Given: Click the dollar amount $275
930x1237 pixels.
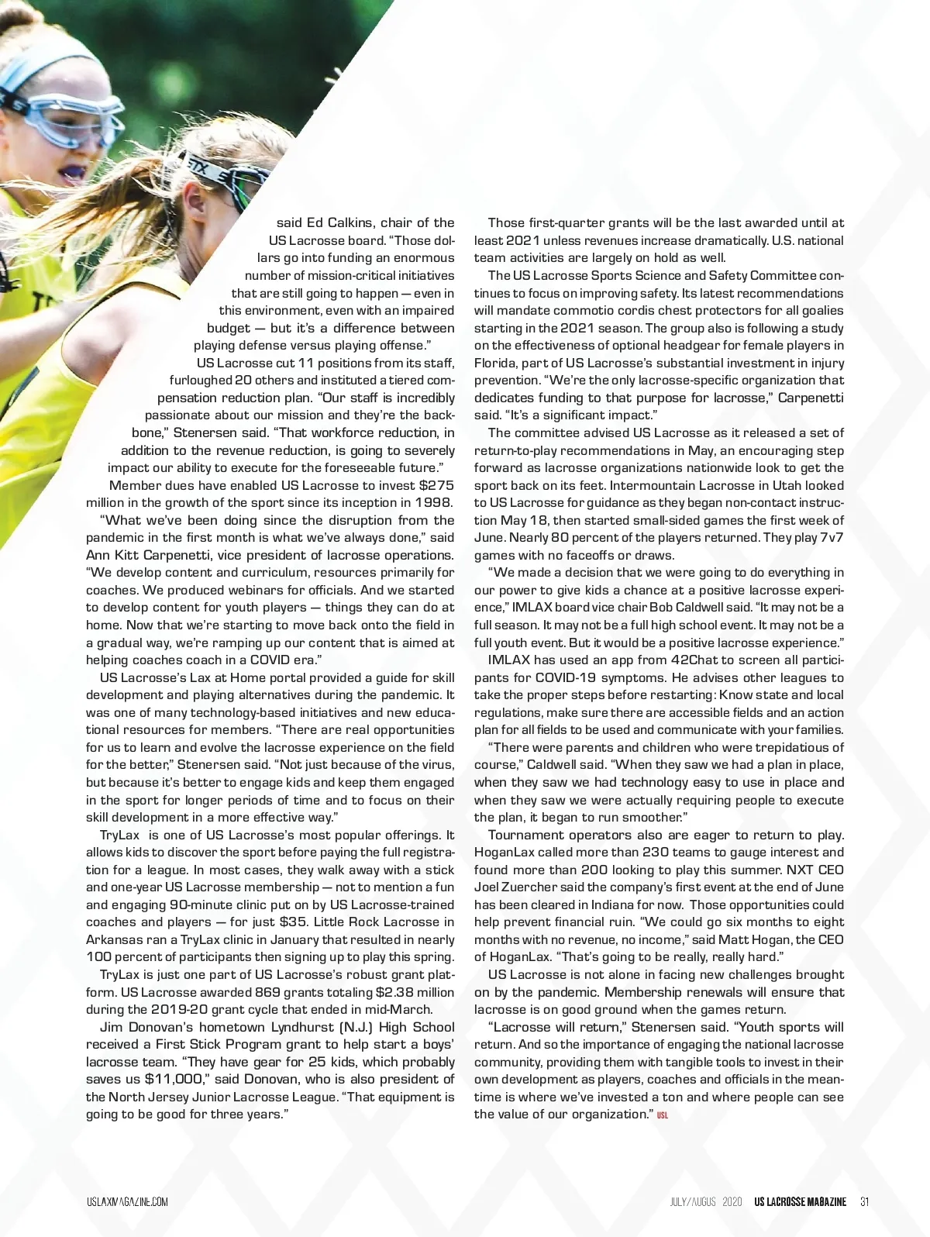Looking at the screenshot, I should coord(437,485).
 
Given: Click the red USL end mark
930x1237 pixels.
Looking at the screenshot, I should coord(663,1116).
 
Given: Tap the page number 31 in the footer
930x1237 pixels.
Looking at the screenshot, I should coord(865,1202).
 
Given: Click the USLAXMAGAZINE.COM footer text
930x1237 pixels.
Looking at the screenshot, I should coord(127,1202).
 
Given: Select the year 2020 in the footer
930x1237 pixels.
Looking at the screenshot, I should coord(732,1202).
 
